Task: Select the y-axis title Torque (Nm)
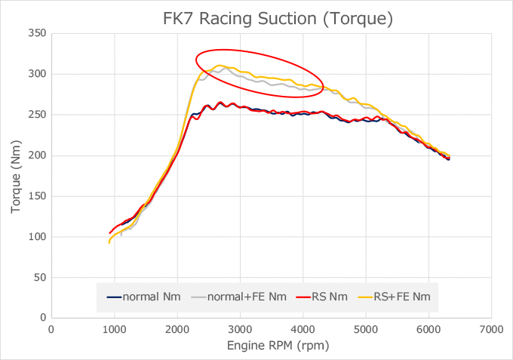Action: click(x=16, y=176)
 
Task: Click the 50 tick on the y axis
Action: click(x=39, y=278)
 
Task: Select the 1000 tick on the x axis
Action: click(x=114, y=329)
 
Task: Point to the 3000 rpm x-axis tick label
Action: click(x=240, y=329)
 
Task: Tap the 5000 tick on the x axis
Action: click(x=365, y=329)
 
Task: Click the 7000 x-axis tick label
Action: click(x=491, y=329)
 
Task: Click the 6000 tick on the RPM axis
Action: click(x=429, y=329)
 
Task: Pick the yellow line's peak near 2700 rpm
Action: click(x=220, y=66)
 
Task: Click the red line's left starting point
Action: click(x=109, y=233)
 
